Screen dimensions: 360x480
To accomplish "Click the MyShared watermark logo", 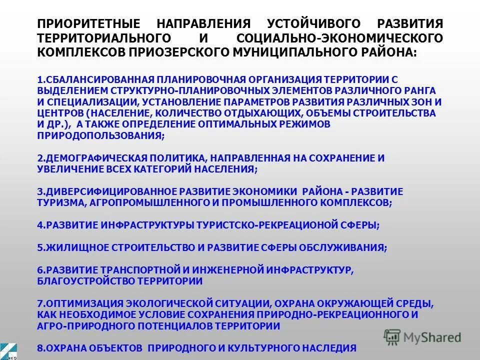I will tap(422, 337).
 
